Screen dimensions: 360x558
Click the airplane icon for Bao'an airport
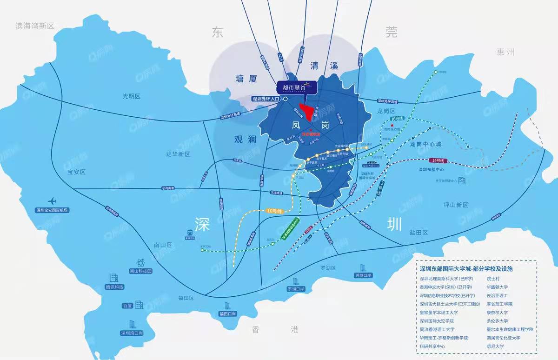(52, 201)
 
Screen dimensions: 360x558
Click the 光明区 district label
(131, 96)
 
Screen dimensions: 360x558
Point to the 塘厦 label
(246, 79)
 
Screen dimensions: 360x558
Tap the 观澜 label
(245, 139)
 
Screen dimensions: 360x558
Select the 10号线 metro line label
(274, 211)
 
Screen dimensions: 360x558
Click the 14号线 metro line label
(437, 160)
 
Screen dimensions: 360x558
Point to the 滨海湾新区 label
(35, 26)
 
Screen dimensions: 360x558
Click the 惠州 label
(505, 52)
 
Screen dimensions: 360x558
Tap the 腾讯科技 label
(115, 287)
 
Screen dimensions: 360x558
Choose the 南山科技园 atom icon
(140, 263)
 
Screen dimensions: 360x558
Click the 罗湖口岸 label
(296, 289)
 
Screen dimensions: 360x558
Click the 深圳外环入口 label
(266, 99)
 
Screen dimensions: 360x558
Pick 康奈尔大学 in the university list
(497, 313)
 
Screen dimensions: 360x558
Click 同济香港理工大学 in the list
(438, 329)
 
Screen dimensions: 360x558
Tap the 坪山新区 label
(456, 205)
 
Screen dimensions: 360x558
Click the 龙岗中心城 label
(425, 145)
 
